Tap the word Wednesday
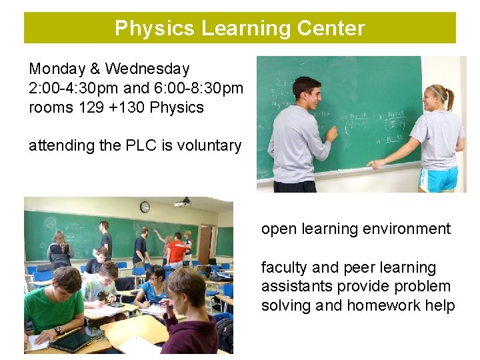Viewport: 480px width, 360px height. click(147, 69)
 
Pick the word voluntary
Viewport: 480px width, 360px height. click(210, 145)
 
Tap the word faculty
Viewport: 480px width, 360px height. click(284, 267)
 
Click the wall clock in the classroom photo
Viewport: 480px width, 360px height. click(145, 207)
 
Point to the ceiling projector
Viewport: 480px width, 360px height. click(183, 201)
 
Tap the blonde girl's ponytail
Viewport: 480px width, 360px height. click(451, 99)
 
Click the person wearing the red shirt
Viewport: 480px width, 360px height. click(177, 250)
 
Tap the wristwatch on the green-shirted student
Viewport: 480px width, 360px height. click(58, 330)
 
